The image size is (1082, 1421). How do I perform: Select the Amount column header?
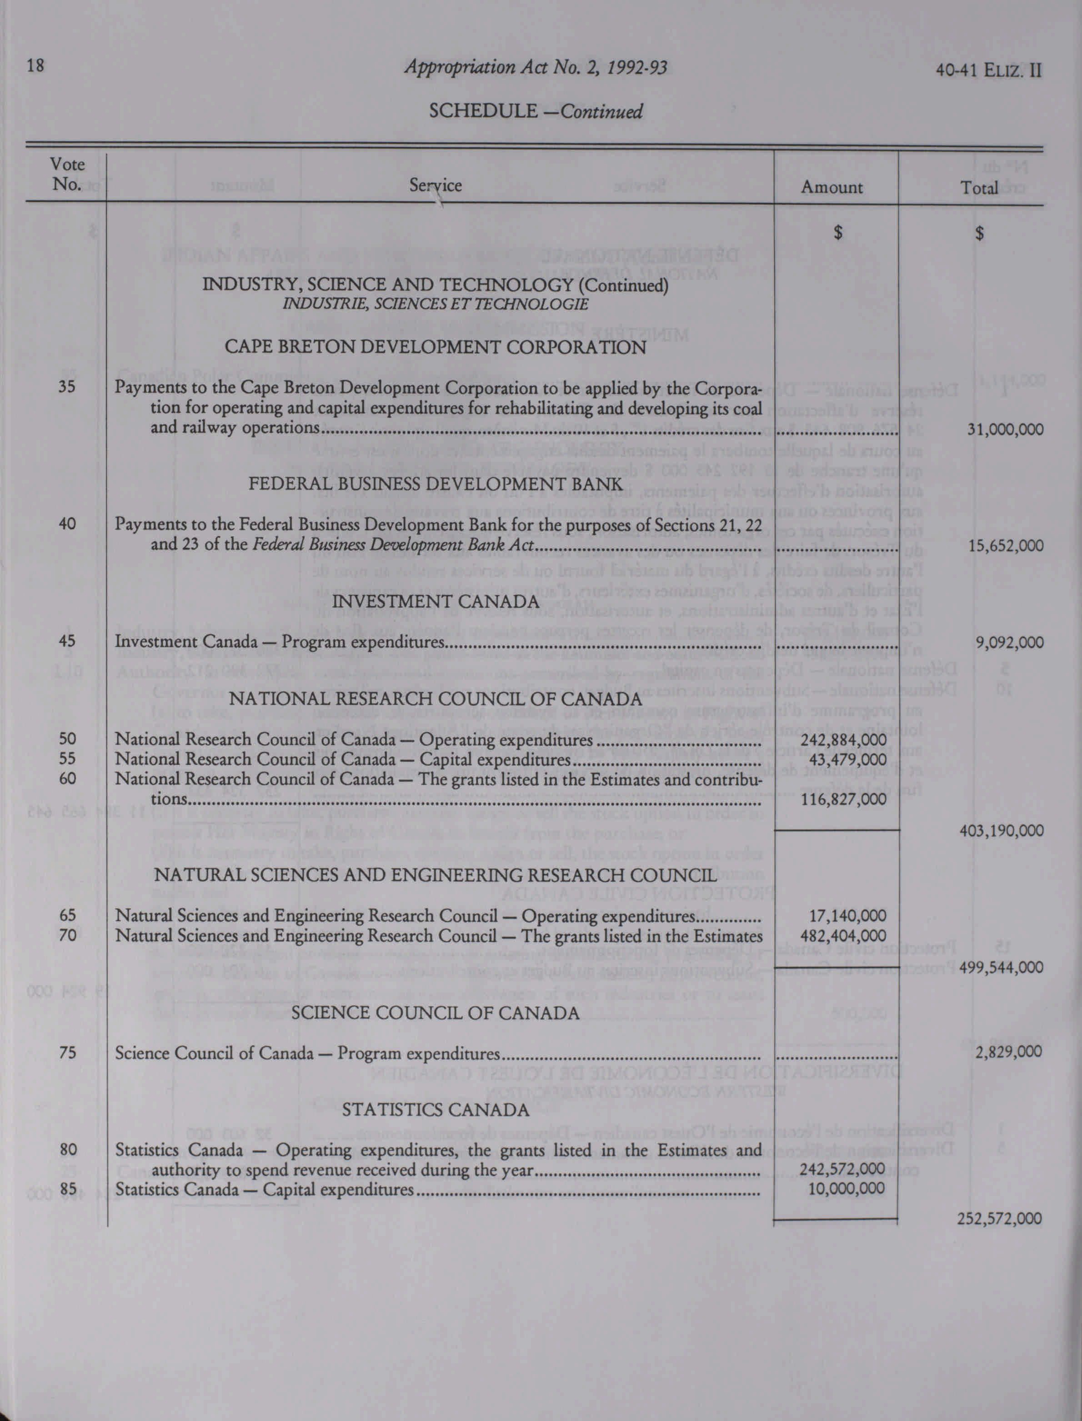click(832, 187)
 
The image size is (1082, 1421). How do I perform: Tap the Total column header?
click(978, 187)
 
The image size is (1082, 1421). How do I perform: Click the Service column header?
click(436, 186)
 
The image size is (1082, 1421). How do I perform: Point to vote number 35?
click(67, 388)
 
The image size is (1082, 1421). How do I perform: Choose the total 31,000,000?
click(1005, 430)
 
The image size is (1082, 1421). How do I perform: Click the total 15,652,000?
click(1005, 546)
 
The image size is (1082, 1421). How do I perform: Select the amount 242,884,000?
click(843, 740)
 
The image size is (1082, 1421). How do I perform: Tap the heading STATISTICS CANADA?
click(436, 1110)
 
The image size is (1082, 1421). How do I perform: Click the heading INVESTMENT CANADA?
click(436, 601)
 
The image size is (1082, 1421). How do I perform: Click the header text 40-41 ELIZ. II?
click(990, 70)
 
